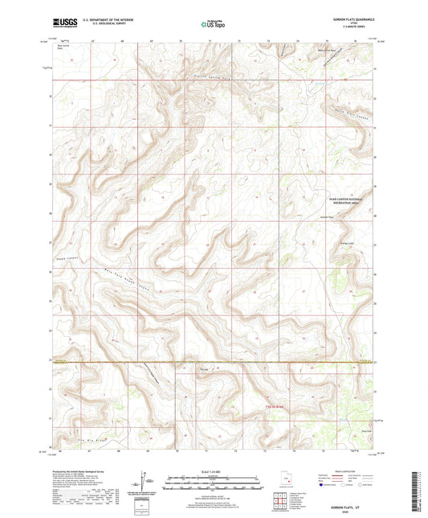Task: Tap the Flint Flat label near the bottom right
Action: [x=344, y=431]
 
